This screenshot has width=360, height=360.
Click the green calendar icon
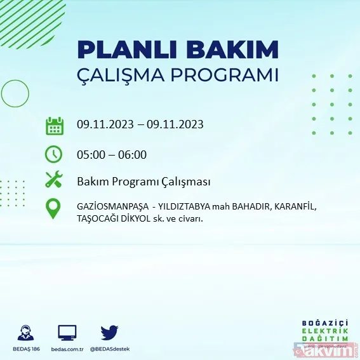click(55, 125)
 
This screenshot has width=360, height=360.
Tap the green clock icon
click(55, 154)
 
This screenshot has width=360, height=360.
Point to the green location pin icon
click(55, 208)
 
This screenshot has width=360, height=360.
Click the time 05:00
click(90, 154)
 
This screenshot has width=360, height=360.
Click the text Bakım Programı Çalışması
click(143, 182)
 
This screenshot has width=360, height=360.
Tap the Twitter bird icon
click(109, 333)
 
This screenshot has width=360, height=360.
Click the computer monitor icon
click(67, 333)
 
